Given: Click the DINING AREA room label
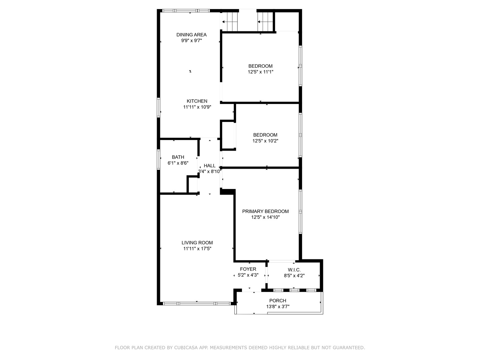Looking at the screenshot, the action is pyautogui.click(x=191, y=35).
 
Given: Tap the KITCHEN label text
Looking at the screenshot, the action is pyautogui.click(x=197, y=101).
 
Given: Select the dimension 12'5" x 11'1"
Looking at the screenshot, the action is pyautogui.click(x=260, y=72).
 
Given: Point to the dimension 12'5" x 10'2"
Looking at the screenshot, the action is pyautogui.click(x=265, y=141).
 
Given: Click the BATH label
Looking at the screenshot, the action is pyautogui.click(x=178, y=157).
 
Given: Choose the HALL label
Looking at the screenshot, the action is pyautogui.click(x=209, y=166).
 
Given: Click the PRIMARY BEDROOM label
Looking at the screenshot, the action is pyautogui.click(x=265, y=211).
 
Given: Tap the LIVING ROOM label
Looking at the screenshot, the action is pyautogui.click(x=197, y=243).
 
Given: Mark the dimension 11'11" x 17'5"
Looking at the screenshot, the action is pyautogui.click(x=197, y=249).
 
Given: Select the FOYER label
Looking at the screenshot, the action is pyautogui.click(x=248, y=269).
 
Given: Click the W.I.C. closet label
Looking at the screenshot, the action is pyautogui.click(x=294, y=270).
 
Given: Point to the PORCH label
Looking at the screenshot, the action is pyautogui.click(x=278, y=301).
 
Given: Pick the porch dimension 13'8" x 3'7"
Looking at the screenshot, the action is pyautogui.click(x=278, y=306).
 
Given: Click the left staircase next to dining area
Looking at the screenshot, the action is pyautogui.click(x=230, y=22).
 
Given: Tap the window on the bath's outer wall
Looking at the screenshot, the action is pyautogui.click(x=159, y=159).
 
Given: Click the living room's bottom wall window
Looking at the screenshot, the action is pyautogui.click(x=197, y=304).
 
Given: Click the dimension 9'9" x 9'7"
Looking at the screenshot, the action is pyautogui.click(x=191, y=41).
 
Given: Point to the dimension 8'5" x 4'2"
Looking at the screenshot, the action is pyautogui.click(x=294, y=276).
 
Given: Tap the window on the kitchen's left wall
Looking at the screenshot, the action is pyautogui.click(x=159, y=108).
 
